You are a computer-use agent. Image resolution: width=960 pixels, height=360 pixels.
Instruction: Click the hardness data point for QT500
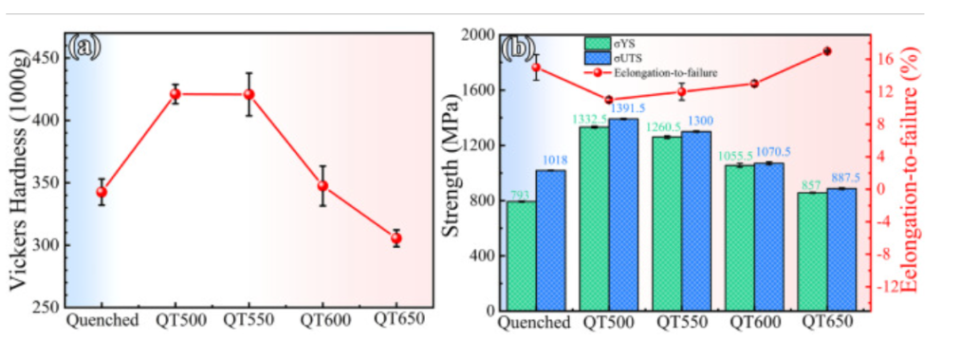click(x=176, y=94)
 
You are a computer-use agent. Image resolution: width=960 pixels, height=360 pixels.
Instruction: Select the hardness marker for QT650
click(x=396, y=238)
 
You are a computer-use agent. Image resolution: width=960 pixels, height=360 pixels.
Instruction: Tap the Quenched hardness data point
click(x=101, y=192)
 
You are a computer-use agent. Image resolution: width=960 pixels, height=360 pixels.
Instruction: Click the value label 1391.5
click(x=627, y=109)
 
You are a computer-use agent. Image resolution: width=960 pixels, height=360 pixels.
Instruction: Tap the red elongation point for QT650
click(x=827, y=51)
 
